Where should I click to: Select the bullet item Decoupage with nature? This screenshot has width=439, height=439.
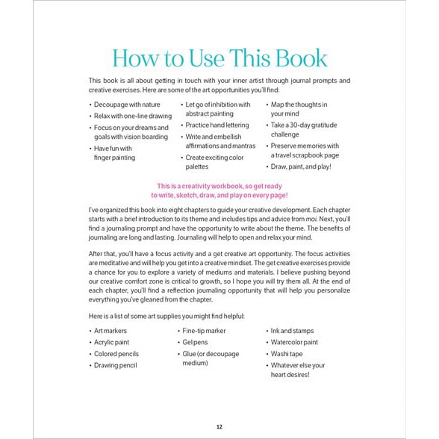[x=126, y=105]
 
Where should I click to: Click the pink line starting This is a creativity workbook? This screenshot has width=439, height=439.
[x=219, y=186]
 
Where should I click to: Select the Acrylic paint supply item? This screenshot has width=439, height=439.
[x=112, y=342]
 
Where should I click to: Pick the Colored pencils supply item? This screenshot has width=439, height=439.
[x=116, y=354]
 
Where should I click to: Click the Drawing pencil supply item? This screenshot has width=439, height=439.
[x=116, y=366]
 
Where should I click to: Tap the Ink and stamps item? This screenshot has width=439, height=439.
[x=293, y=330]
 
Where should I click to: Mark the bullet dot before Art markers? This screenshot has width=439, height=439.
[x=90, y=330]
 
